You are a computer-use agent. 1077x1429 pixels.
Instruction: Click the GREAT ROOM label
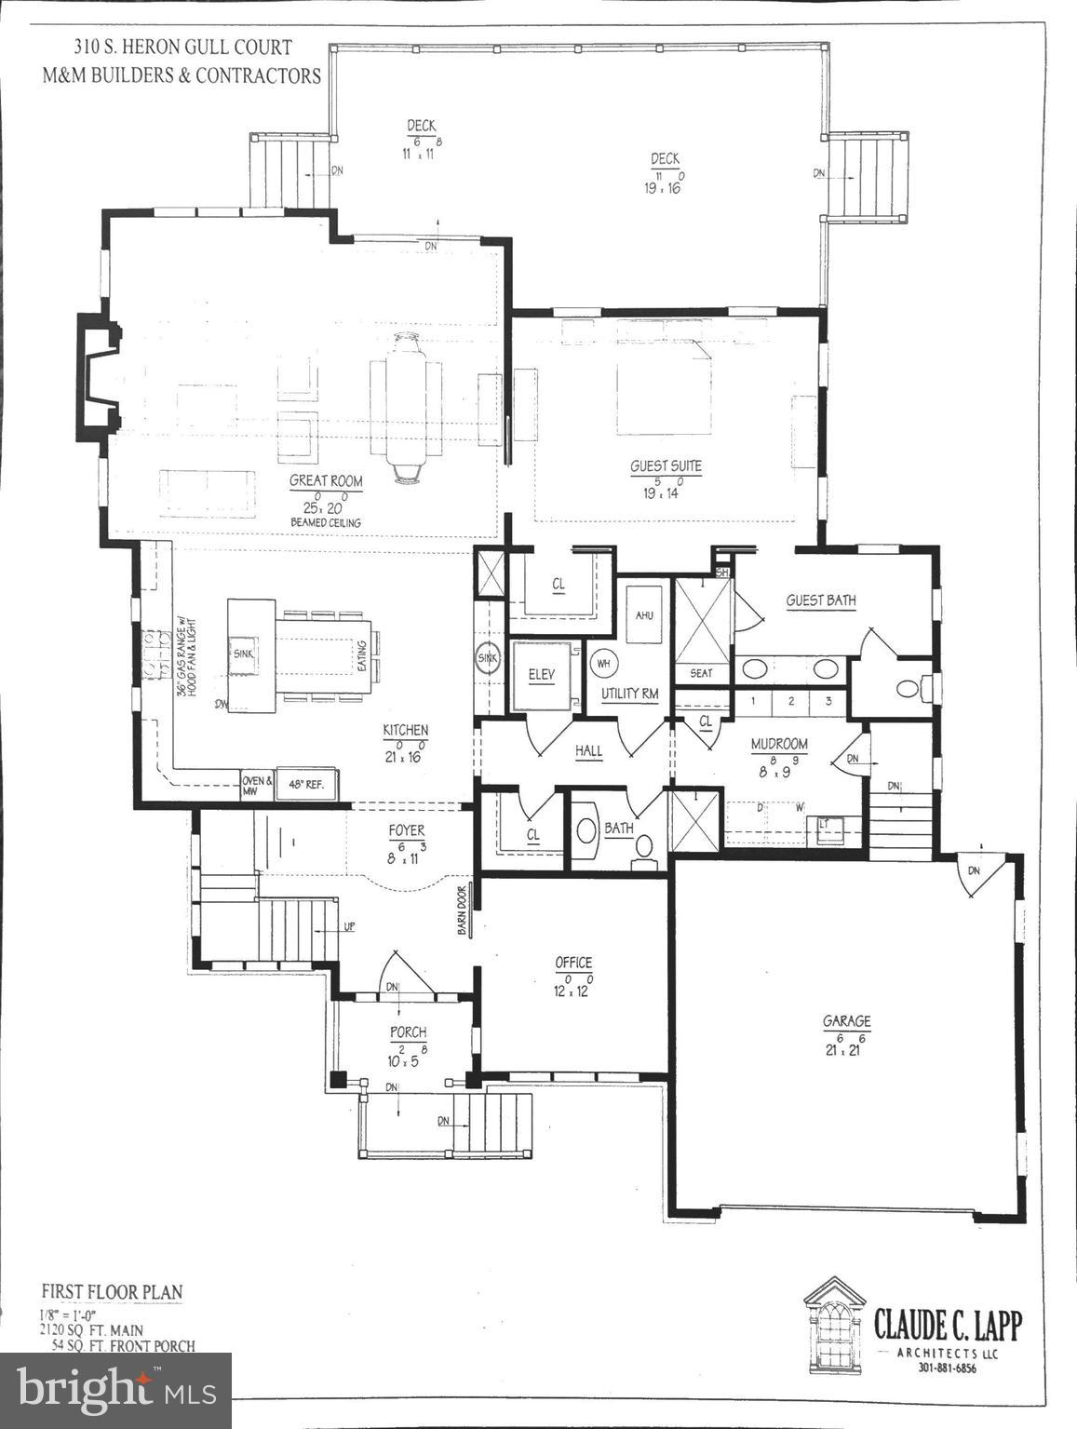[326, 481]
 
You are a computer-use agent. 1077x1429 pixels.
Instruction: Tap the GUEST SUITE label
[666, 466]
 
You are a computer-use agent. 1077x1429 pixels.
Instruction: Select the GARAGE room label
[846, 1021]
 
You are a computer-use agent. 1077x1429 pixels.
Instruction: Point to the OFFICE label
[573, 963]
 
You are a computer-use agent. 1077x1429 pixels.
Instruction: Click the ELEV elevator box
[541, 675]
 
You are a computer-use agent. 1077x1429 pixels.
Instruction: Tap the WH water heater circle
[602, 664]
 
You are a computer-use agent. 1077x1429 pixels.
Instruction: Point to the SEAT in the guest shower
[702, 672]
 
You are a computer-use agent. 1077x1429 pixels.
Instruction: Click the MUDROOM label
[779, 744]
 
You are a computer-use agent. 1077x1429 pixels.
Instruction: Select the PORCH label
[408, 1031]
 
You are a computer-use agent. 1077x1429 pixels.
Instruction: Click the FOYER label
[407, 830]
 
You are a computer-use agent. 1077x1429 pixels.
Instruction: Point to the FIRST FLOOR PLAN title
[112, 1292]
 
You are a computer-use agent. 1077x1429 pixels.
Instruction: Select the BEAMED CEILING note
[326, 523]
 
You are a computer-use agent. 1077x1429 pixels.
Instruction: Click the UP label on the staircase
[349, 927]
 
